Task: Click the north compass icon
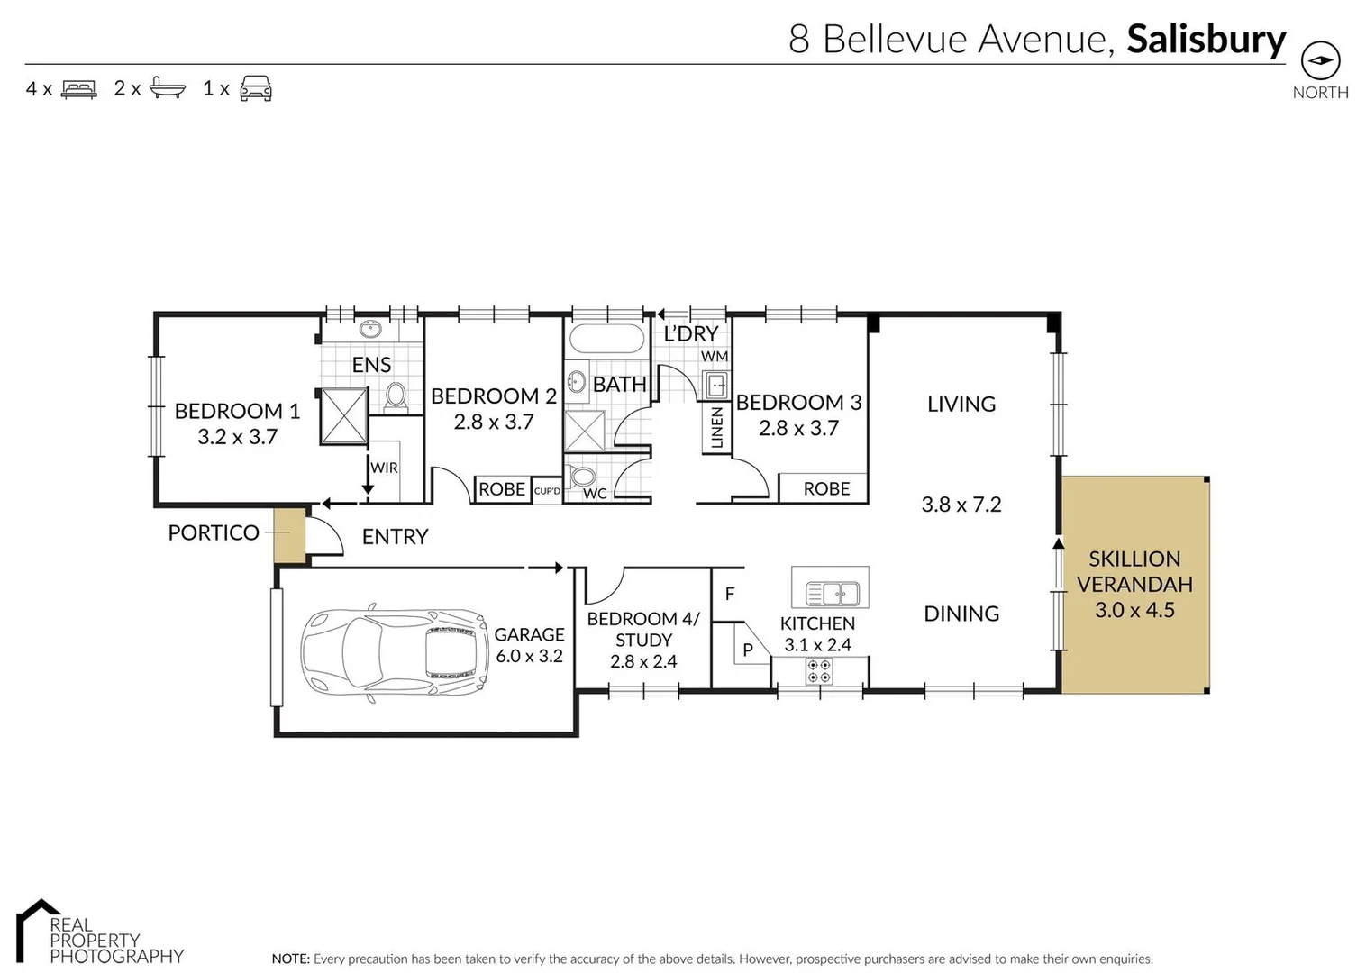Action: click(x=1320, y=60)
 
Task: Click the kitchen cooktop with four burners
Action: click(x=819, y=671)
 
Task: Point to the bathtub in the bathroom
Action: click(x=607, y=339)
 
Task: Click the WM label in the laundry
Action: click(x=715, y=357)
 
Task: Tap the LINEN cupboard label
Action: click(x=717, y=428)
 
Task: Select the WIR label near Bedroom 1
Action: click(x=384, y=468)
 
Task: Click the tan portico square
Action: click(x=290, y=535)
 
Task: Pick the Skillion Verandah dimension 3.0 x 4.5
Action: click(x=1134, y=610)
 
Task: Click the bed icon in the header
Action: click(x=78, y=89)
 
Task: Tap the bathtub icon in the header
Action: click(x=168, y=88)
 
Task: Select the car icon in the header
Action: click(x=256, y=88)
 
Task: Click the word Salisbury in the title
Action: click(x=1206, y=40)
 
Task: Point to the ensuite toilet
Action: click(x=396, y=396)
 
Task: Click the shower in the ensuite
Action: click(x=344, y=415)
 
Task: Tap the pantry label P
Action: click(x=748, y=650)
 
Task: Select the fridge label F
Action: click(x=730, y=594)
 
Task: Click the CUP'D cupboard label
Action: click(x=547, y=491)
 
